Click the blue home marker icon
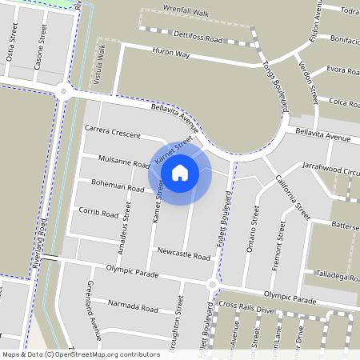click(x=180, y=172)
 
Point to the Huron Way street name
click(x=170, y=54)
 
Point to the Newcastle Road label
click(x=183, y=257)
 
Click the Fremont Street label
click(x=279, y=245)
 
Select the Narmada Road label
click(x=134, y=307)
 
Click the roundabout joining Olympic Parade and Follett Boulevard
click(x=212, y=284)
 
